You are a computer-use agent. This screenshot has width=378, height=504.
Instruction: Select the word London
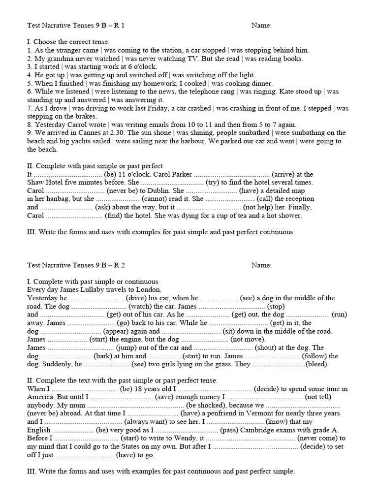[x=150, y=289]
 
